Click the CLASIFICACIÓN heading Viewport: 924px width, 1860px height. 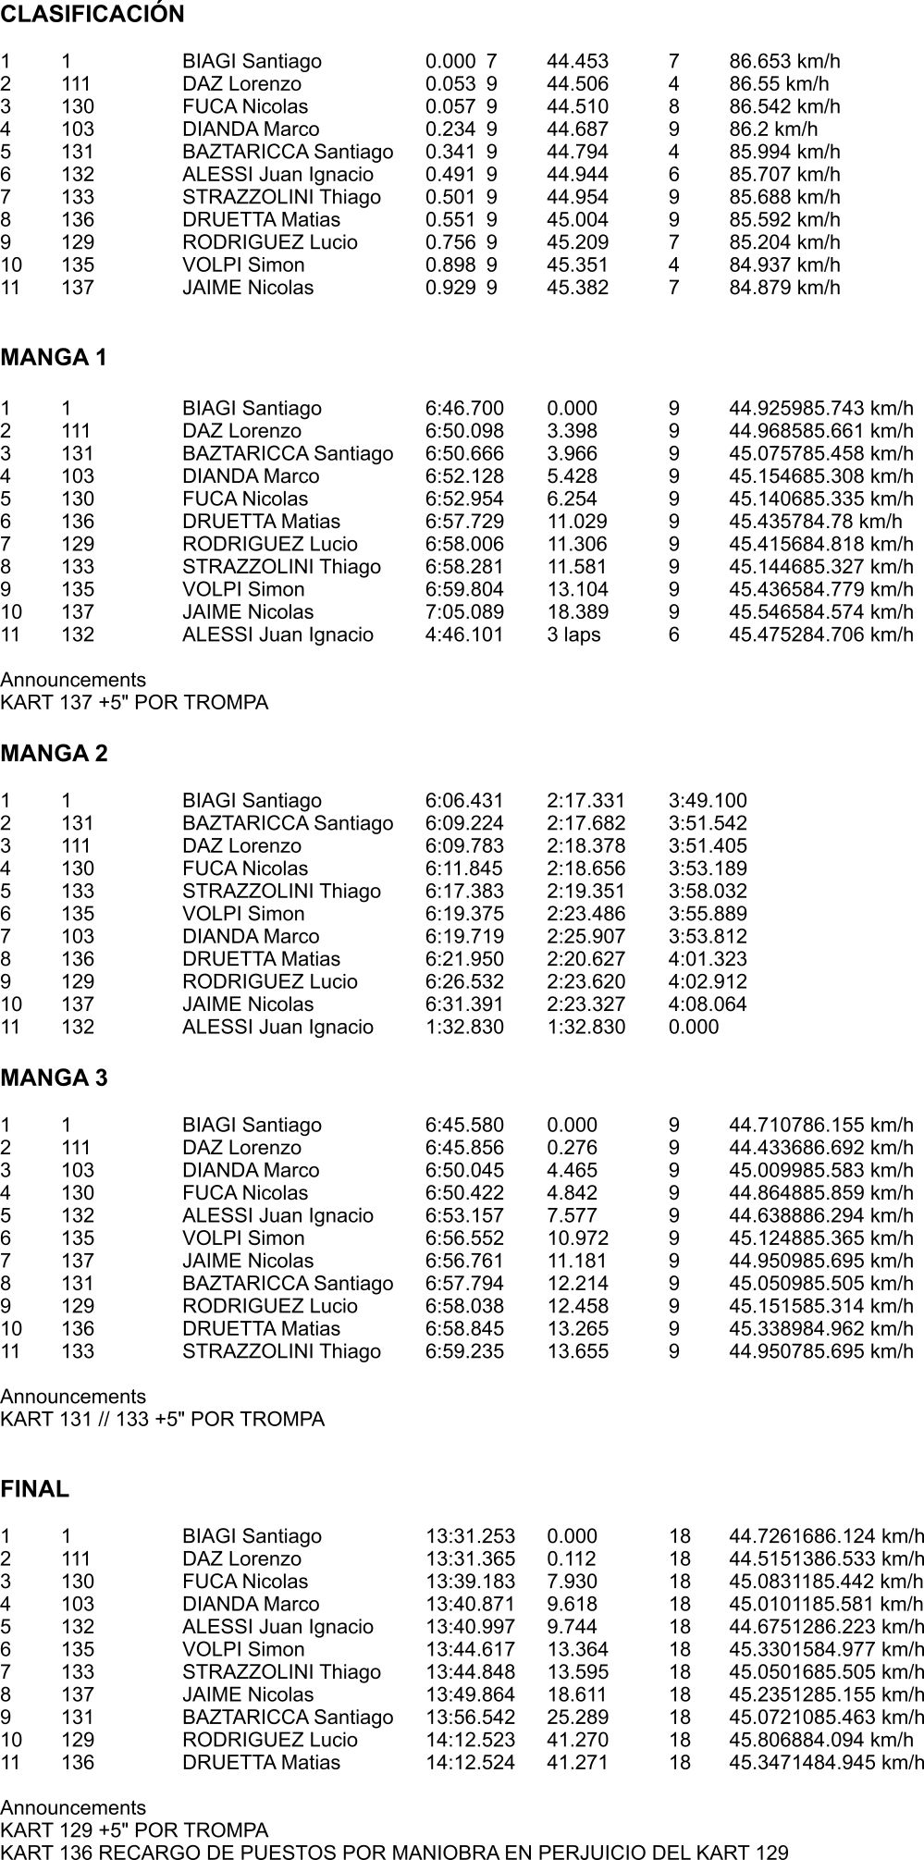92,15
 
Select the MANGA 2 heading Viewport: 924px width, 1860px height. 55,754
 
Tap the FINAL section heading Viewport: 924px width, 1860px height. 35,1490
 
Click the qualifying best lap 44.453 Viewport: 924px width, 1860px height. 578,62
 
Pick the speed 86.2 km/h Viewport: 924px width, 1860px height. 773,129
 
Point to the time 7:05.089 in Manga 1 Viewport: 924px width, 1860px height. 464,612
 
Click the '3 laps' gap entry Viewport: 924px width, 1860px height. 573,635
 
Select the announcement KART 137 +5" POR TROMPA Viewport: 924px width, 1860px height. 134,703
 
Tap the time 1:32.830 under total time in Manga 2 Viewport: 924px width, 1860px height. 464,1028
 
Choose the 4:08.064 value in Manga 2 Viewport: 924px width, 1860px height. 708,1004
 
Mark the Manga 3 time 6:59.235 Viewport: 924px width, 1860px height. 464,1352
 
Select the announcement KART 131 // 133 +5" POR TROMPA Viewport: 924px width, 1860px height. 163,1420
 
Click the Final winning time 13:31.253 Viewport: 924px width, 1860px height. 470,1536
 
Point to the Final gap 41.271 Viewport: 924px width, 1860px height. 578,1763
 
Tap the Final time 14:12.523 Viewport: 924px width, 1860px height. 470,1740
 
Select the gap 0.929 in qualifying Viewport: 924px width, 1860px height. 450,288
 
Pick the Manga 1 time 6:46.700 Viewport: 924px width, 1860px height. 464,409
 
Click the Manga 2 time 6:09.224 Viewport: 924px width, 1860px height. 464,824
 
